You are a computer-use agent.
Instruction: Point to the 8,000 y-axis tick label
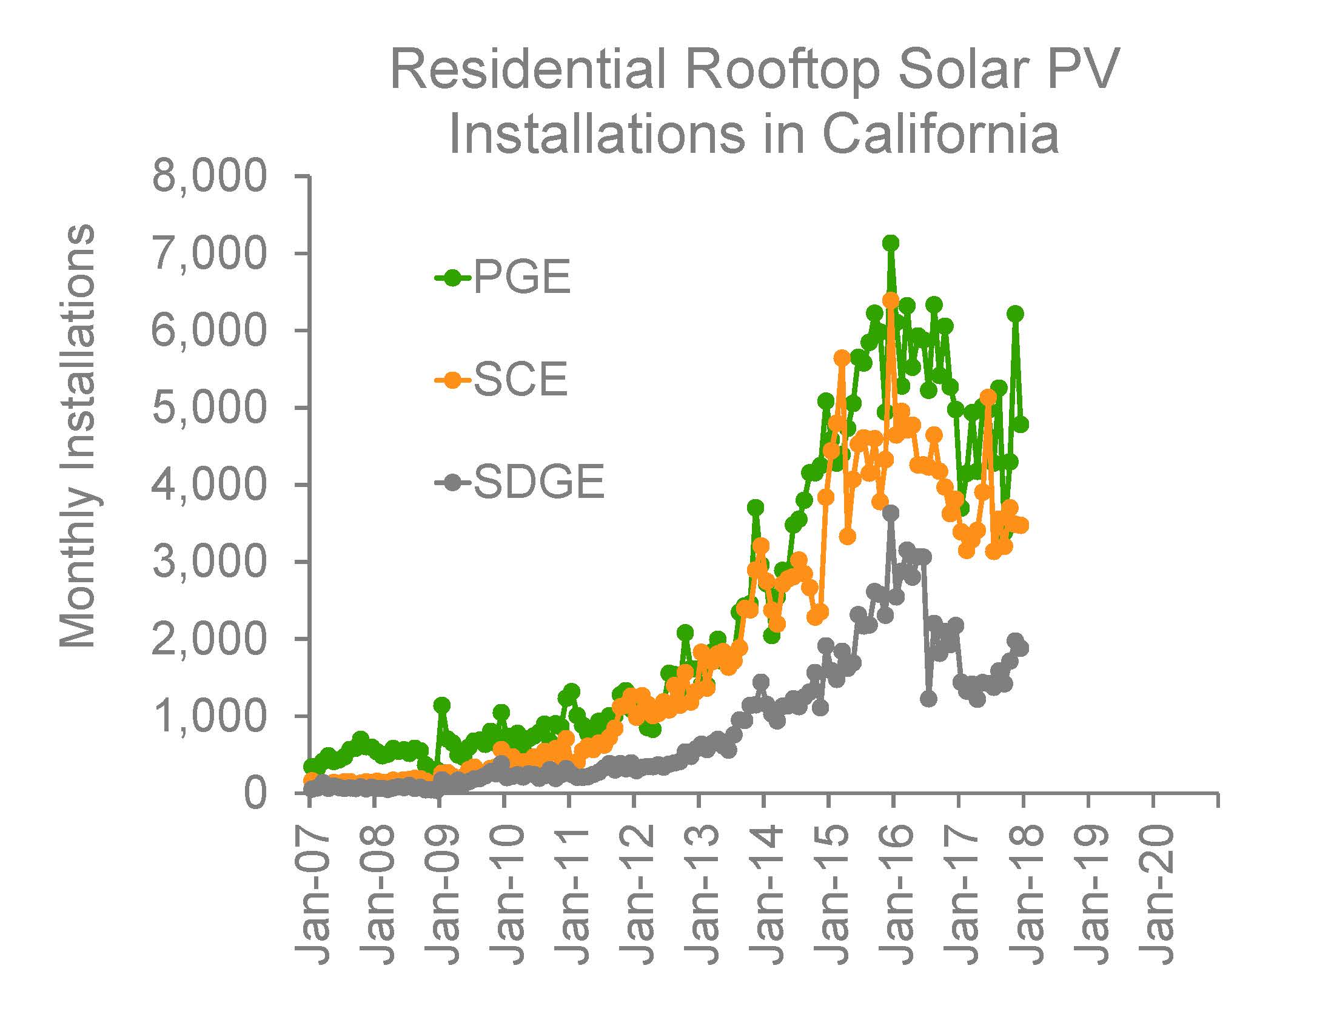coord(210,176)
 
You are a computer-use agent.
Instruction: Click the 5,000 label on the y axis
coord(210,408)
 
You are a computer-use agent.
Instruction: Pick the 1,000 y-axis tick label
coord(210,716)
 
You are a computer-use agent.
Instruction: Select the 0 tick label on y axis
coord(255,793)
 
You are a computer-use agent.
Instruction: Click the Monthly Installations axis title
coord(78,435)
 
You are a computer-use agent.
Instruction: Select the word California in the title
coord(940,135)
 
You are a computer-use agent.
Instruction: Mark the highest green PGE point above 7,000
coord(891,243)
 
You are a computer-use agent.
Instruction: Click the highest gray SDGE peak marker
coord(891,512)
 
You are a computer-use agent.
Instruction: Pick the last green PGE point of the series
coord(1022,424)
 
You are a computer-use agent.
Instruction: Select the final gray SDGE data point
coord(1022,648)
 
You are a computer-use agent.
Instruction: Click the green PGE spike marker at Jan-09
coord(441,705)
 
